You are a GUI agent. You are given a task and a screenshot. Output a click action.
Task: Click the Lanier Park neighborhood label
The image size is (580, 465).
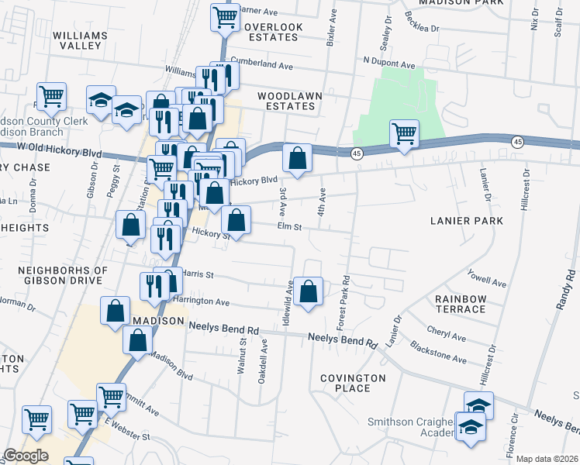[467, 221]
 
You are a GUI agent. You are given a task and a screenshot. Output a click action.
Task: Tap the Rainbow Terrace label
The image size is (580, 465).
[460, 304]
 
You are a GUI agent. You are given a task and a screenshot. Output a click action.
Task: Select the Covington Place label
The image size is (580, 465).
[353, 383]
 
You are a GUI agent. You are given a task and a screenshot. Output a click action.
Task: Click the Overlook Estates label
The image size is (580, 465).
[273, 32]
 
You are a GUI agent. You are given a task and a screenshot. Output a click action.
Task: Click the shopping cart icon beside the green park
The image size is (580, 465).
[404, 133]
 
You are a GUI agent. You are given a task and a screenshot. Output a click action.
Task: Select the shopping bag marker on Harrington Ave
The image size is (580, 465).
[309, 292]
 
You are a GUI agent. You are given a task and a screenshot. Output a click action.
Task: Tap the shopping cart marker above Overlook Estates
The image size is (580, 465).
[225, 15]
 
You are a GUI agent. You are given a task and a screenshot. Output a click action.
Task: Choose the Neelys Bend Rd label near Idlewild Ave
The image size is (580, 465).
[342, 338]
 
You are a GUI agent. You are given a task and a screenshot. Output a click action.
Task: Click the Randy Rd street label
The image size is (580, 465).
[564, 288]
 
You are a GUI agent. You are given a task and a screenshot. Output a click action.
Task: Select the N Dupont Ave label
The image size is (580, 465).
[389, 60]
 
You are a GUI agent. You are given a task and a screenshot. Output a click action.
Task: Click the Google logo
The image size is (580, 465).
[25, 456]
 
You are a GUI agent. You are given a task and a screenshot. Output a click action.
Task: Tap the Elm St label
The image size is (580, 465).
[289, 226]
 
